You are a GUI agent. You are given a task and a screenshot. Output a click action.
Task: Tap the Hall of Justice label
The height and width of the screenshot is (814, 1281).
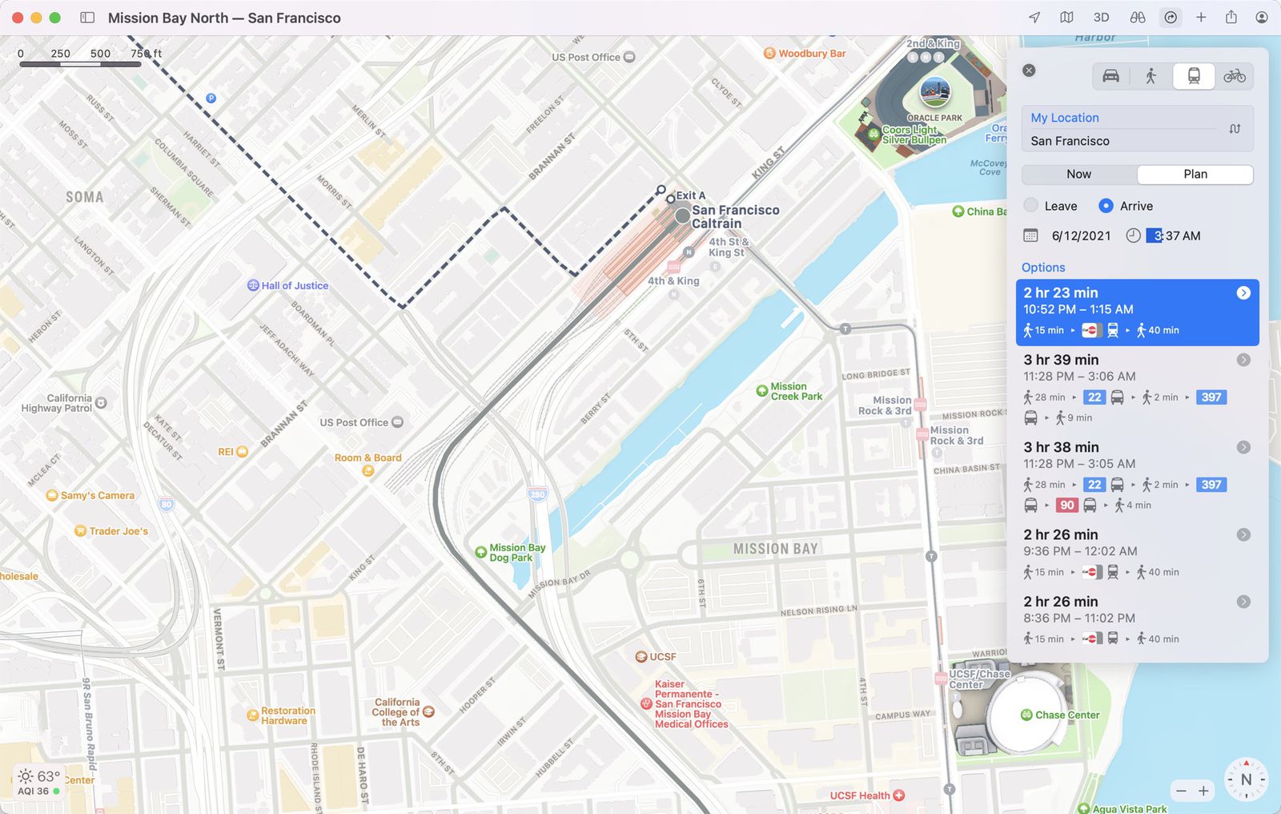tap(294, 286)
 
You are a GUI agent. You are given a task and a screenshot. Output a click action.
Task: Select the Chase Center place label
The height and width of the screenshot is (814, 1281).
tap(1066, 715)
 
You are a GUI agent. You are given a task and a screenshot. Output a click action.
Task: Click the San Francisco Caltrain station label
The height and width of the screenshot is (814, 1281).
tap(734, 216)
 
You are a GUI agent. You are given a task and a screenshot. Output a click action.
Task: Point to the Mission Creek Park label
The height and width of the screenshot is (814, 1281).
tap(796, 391)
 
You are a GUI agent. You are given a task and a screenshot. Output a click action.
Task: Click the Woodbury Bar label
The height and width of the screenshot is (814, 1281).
tap(811, 54)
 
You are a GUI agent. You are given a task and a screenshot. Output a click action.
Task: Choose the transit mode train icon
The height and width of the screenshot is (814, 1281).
tap(1194, 76)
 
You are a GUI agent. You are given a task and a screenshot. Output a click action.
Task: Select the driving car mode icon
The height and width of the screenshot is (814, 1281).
tap(1110, 76)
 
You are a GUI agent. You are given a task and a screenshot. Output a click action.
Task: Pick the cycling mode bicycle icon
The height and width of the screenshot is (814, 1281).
tap(1235, 76)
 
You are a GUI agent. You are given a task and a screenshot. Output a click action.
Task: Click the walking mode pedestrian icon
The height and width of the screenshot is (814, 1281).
tap(1150, 76)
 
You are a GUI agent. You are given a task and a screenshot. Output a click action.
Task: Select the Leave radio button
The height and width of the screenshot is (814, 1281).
tap(1031, 206)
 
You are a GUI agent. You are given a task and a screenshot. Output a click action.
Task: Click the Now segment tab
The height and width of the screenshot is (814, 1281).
tap(1078, 174)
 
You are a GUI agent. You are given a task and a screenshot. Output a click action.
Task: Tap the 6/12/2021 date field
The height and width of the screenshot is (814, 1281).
tap(1081, 236)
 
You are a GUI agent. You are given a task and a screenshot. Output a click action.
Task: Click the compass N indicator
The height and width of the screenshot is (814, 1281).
tap(1246, 780)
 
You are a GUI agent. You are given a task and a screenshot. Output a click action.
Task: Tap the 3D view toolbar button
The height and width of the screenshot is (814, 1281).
tap(1102, 18)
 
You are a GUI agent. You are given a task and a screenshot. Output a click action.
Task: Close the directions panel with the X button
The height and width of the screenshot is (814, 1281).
tap(1030, 71)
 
